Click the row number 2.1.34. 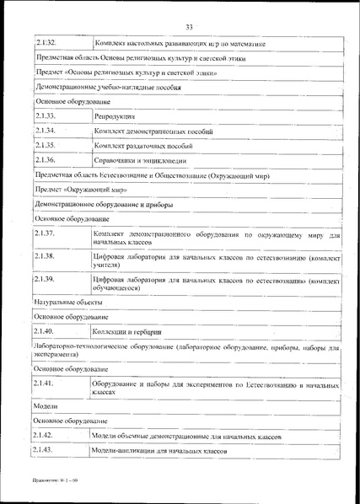[x=46, y=131]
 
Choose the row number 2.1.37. [x=46, y=232]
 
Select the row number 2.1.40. [x=46, y=331]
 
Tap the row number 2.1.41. [x=46, y=383]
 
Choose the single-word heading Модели [x=46, y=405]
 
